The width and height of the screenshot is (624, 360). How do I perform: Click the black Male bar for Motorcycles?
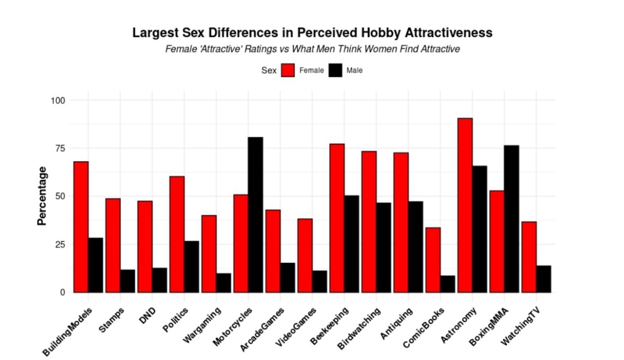point(255,215)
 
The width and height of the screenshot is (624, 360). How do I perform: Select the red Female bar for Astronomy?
point(465,205)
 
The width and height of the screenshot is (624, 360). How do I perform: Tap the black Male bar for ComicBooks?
point(447,284)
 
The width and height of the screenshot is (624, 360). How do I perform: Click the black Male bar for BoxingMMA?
point(511,218)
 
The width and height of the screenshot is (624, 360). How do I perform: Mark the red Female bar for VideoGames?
point(305,255)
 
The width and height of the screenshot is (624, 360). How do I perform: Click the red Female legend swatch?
point(288,70)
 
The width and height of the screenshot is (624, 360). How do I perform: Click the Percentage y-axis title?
point(42,196)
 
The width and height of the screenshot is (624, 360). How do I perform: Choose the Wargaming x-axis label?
point(201,322)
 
